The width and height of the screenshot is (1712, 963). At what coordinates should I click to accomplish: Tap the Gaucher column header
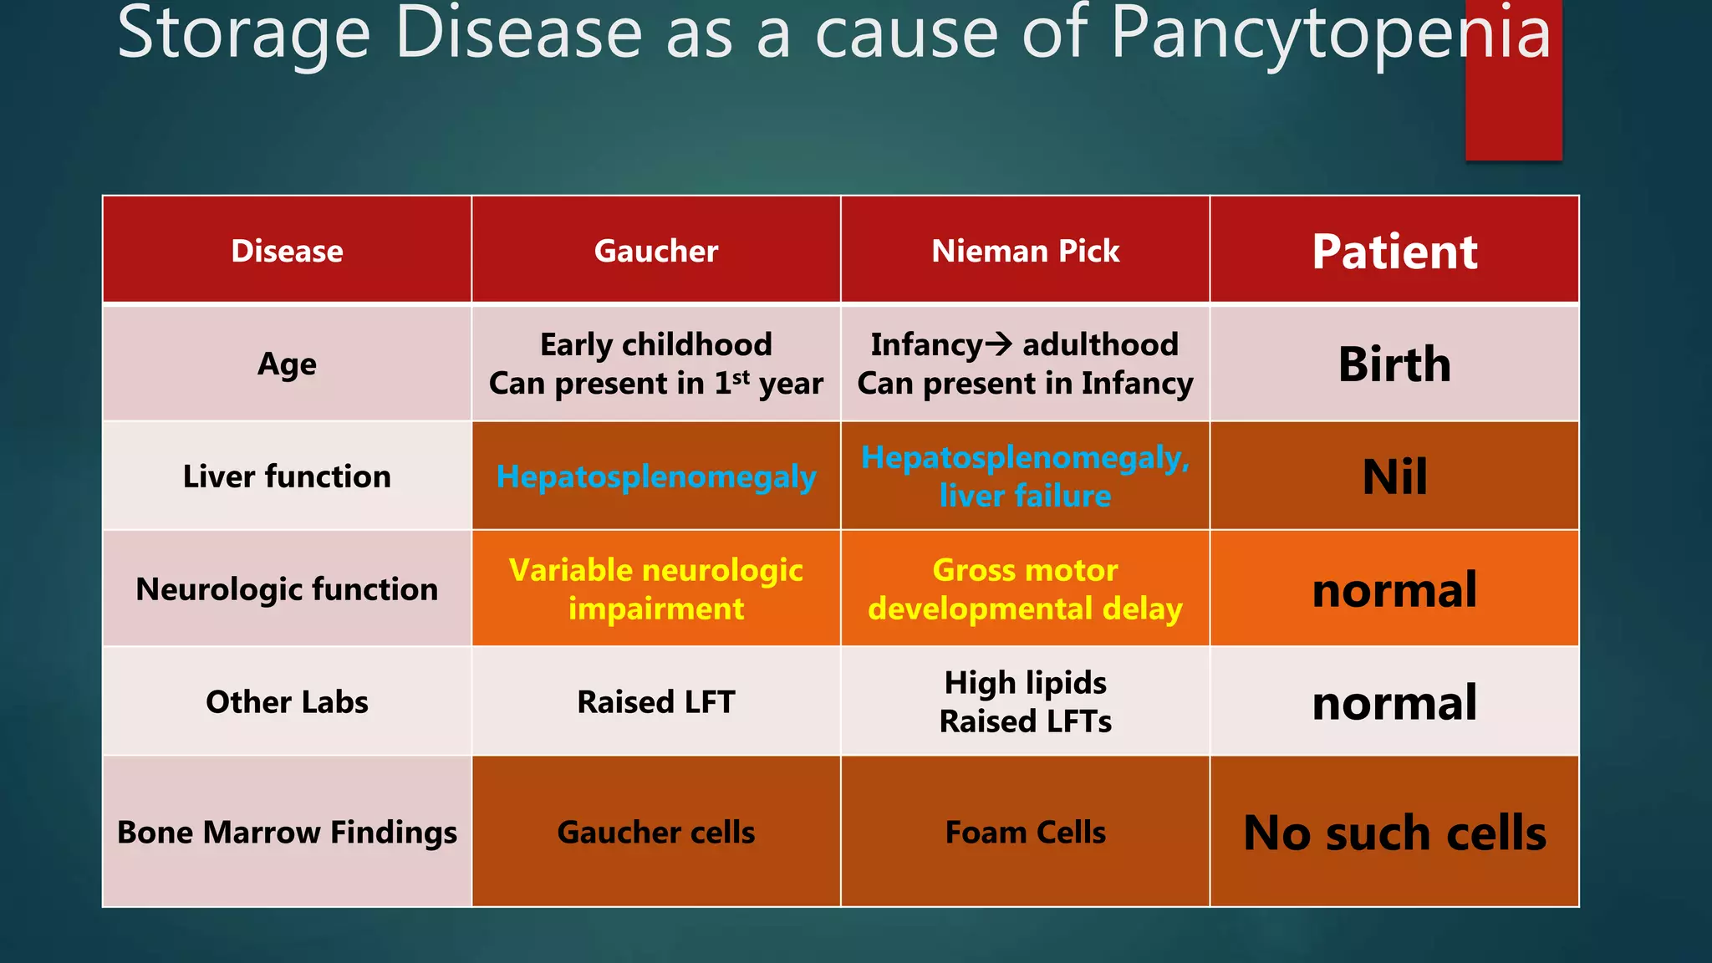tap(655, 251)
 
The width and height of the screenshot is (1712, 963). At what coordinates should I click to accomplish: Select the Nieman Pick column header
tap(1025, 251)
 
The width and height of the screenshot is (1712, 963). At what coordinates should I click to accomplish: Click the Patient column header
tap(1394, 251)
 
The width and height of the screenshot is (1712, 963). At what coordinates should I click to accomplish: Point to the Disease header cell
tap(287, 251)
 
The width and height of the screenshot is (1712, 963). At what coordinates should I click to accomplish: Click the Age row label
tap(287, 364)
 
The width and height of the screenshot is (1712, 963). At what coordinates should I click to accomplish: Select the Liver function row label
tap(287, 476)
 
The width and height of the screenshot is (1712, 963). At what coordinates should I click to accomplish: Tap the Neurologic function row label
tap(287, 589)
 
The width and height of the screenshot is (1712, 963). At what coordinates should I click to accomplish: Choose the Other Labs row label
tap(287, 702)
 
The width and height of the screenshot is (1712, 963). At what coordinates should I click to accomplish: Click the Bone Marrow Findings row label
tap(287, 833)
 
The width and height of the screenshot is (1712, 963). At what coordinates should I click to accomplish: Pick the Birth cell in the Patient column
tap(1394, 364)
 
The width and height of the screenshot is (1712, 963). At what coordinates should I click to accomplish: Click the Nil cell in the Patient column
tap(1394, 476)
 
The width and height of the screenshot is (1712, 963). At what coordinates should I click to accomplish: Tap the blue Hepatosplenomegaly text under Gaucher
tap(655, 476)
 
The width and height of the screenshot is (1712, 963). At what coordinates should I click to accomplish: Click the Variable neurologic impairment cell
tap(655, 589)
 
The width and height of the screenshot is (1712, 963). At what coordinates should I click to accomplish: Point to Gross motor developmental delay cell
tap(1025, 589)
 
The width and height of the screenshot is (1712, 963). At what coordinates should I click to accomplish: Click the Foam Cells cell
tap(1025, 833)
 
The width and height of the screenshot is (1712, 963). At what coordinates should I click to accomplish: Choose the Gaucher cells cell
tap(655, 833)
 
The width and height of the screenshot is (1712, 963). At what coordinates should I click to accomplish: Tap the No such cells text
tap(1394, 833)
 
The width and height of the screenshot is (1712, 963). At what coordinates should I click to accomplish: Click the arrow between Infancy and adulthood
tap(999, 344)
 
